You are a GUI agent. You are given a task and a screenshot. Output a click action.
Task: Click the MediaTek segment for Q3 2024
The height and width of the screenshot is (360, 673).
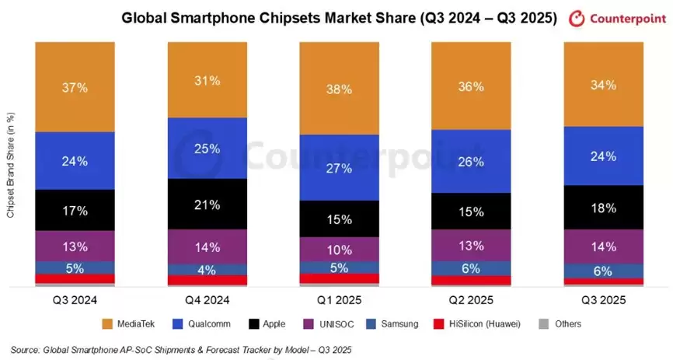75,86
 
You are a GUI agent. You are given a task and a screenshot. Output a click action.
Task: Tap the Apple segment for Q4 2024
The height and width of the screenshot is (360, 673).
207,204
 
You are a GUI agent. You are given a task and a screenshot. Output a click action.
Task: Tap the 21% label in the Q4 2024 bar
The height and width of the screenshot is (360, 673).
207,204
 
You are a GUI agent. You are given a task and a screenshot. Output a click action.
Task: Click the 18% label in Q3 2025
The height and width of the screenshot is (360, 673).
604,208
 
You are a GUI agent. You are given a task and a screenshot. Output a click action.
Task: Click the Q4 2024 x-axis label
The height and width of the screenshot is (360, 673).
207,299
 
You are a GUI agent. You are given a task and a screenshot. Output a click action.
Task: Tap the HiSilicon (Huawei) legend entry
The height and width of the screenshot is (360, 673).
480,323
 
